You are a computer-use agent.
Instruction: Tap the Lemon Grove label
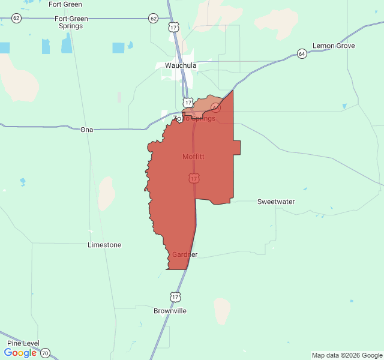(x=334, y=46)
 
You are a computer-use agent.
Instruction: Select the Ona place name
(x=87, y=129)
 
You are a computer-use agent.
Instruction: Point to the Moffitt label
(x=193, y=157)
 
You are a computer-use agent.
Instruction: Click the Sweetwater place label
(x=276, y=202)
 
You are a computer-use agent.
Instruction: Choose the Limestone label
(x=104, y=245)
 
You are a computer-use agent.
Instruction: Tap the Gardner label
(x=184, y=254)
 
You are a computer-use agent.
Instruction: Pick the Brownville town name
(x=170, y=311)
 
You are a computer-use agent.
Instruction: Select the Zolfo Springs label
(x=194, y=118)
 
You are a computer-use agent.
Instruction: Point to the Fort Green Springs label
(x=71, y=22)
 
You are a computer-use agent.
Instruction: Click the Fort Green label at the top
(x=65, y=4)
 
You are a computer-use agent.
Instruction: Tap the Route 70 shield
(x=46, y=353)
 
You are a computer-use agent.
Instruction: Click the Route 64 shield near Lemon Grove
(x=302, y=54)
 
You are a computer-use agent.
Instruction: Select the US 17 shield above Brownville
(x=175, y=297)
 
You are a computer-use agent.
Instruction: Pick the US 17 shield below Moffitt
(x=194, y=178)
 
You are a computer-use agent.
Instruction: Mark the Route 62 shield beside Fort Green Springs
(x=16, y=19)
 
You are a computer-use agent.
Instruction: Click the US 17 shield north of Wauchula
(x=173, y=28)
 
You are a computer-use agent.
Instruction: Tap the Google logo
(x=20, y=353)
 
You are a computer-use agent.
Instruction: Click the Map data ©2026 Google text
(x=346, y=355)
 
